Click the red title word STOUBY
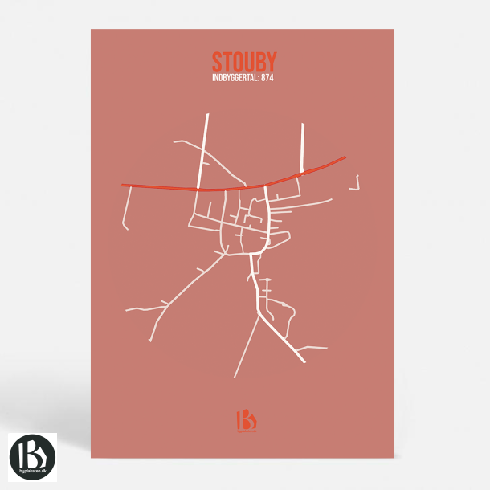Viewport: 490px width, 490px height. coord(244,62)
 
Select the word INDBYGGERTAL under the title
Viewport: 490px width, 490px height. coord(235,78)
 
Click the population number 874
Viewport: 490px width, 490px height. coord(268,78)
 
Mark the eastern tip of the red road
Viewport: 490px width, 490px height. coord(345,157)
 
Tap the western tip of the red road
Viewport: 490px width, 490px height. coord(123,185)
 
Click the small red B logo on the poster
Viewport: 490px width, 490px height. coord(244,420)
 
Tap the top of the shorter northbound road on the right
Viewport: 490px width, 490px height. coord(303,125)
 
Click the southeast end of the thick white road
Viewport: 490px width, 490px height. coord(304,361)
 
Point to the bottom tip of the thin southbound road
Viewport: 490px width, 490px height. coord(235,376)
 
